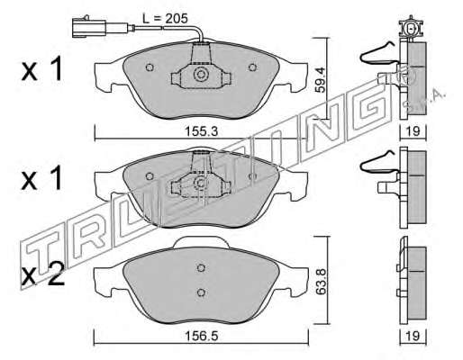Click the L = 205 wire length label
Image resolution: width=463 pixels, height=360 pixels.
165,19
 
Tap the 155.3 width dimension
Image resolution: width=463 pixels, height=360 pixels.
201,131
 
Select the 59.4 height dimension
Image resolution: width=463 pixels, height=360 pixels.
321,80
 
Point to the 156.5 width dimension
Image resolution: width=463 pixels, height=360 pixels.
201,336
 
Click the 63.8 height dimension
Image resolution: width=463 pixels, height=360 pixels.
322,282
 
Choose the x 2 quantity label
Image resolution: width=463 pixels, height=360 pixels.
43,274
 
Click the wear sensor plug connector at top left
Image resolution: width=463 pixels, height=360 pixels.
89,28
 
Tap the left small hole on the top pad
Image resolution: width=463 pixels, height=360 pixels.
150,67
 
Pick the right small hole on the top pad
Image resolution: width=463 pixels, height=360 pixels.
252,67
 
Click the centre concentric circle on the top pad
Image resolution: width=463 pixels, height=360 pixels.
201,75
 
